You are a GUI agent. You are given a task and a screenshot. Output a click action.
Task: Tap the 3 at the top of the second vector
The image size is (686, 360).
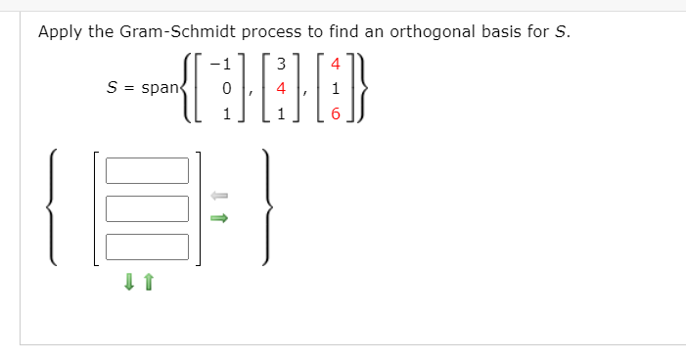[281, 67]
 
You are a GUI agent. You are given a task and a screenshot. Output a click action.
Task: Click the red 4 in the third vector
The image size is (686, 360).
[336, 67]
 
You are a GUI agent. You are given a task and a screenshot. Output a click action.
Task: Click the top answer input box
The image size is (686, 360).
[147, 171]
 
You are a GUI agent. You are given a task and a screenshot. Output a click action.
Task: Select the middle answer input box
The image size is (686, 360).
[147, 208]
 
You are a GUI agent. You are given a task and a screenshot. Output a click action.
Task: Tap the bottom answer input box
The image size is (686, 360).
[147, 247]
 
